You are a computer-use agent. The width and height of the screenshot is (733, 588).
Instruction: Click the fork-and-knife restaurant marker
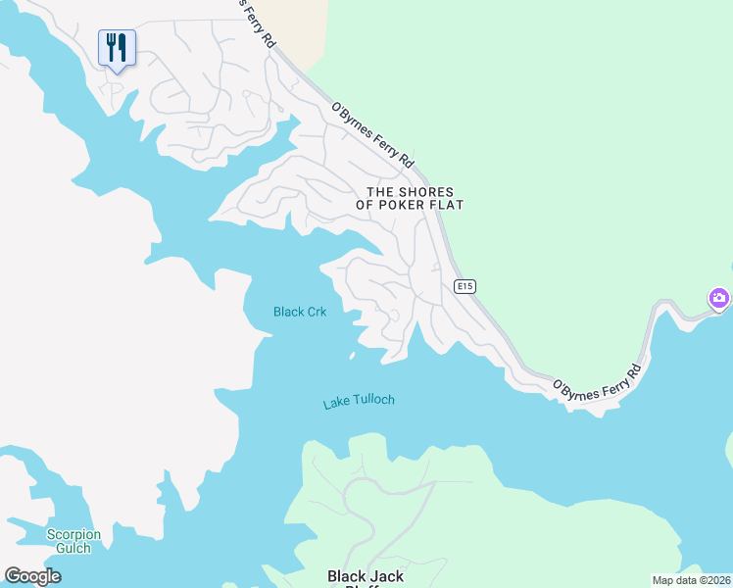point(117,48)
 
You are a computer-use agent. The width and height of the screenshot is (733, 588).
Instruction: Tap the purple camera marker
point(720,298)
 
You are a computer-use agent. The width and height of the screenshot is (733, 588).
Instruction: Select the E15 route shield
point(465,286)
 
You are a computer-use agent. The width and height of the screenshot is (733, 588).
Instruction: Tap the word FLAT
point(447,206)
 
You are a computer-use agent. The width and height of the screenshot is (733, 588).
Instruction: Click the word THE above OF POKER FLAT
point(382,192)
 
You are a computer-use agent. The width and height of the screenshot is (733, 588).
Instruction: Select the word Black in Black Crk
point(289,313)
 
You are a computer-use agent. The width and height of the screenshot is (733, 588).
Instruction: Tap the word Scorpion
point(73,534)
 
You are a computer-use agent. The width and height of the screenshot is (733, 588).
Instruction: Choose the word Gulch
point(73,548)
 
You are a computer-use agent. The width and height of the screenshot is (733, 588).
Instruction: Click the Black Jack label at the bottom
point(365,576)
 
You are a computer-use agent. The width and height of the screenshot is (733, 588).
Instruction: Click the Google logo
point(32,575)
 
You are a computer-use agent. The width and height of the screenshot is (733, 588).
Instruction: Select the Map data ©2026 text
point(691,579)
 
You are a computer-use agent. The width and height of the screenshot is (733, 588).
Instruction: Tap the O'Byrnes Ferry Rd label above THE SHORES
point(372,134)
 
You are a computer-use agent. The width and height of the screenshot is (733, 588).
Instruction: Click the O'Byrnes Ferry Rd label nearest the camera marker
point(597,380)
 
